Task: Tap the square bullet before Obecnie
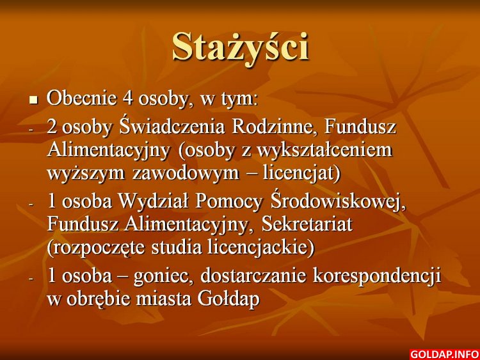click(33, 100)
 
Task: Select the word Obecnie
click(81, 98)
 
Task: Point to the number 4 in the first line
click(127, 98)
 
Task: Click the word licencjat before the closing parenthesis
click(299, 173)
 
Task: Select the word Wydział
click(153, 201)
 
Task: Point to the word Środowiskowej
click(338, 201)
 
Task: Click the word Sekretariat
click(307, 224)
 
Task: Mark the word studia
click(177, 247)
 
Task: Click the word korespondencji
click(377, 276)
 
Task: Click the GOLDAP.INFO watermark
click(444, 354)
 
